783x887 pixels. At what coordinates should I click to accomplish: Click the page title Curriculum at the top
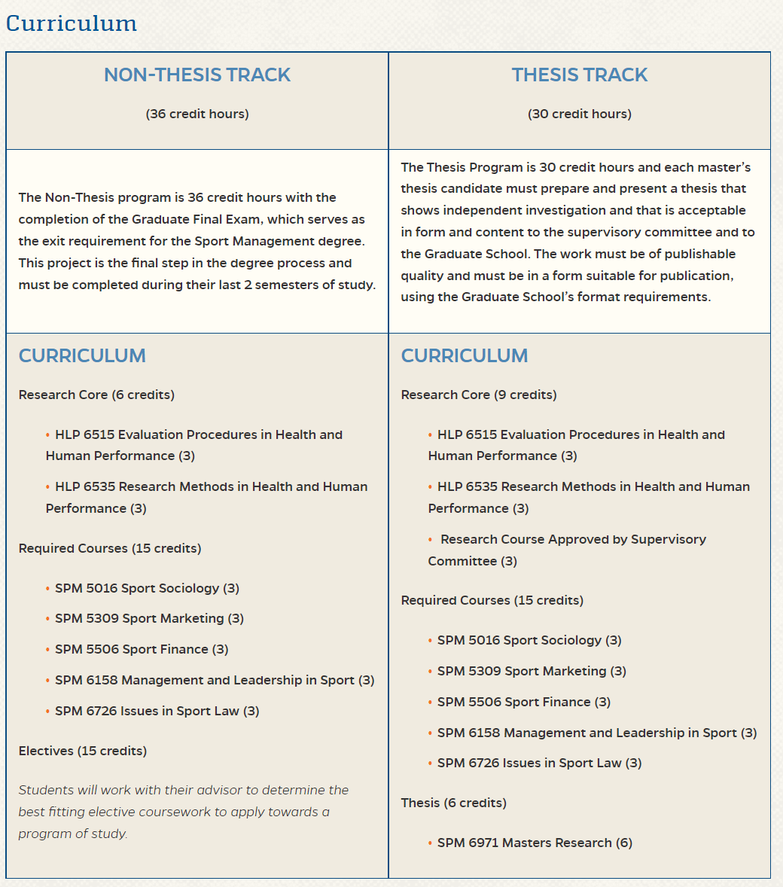tap(72, 23)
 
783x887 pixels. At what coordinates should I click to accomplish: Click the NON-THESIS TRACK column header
tap(197, 75)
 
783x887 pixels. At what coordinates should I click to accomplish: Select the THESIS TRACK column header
tap(580, 75)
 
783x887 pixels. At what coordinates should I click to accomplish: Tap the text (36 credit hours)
tap(197, 114)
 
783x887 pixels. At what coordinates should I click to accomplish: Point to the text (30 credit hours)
tap(580, 114)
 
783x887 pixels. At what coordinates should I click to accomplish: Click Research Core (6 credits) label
tap(96, 395)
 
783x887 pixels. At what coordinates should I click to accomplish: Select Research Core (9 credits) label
tap(479, 395)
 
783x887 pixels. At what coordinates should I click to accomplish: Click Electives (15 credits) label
tap(83, 751)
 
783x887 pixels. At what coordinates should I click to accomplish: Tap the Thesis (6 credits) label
tap(454, 803)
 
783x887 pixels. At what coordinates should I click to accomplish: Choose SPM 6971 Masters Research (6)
tap(535, 843)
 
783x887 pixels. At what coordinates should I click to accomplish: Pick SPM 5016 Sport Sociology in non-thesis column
tap(147, 588)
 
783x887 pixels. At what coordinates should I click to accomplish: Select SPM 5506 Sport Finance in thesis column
tap(524, 702)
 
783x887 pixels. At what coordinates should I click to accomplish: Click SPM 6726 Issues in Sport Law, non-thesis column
tap(157, 711)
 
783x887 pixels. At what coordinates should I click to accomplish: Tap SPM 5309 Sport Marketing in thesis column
tap(532, 671)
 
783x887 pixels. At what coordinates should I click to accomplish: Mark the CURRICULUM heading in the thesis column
tap(465, 355)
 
